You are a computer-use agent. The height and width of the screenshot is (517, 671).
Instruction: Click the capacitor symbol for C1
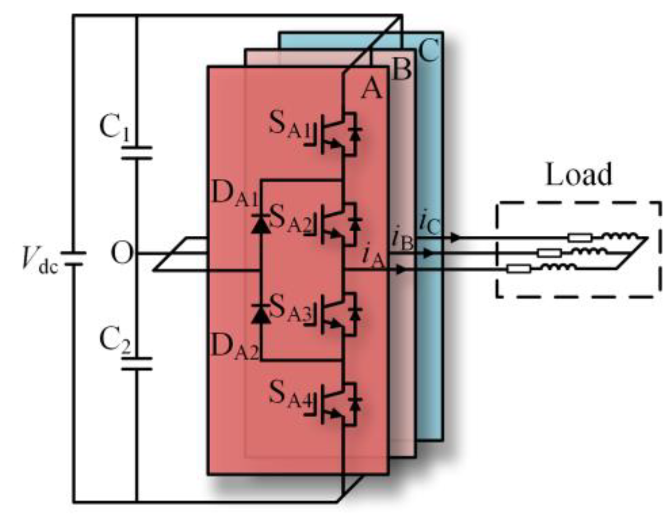(x=137, y=153)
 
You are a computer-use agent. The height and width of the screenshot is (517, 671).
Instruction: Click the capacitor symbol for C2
(x=137, y=364)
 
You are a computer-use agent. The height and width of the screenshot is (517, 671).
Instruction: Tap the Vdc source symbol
(x=73, y=258)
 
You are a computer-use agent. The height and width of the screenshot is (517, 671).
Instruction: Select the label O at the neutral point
(x=122, y=254)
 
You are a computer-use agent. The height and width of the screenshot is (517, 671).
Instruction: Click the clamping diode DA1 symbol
(x=260, y=224)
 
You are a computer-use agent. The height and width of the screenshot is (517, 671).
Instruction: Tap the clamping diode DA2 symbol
(x=260, y=314)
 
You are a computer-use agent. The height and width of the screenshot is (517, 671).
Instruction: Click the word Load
(x=579, y=175)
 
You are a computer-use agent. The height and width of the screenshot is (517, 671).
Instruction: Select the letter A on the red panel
(x=371, y=89)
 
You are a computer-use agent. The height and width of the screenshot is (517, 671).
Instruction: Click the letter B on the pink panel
(x=402, y=70)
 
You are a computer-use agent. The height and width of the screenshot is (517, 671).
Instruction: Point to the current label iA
(x=373, y=256)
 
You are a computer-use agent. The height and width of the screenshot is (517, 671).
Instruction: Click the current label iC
(x=430, y=222)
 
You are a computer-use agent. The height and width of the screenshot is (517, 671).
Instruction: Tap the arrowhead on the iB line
(x=429, y=253)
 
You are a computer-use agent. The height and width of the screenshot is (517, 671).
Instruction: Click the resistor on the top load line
(x=579, y=238)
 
